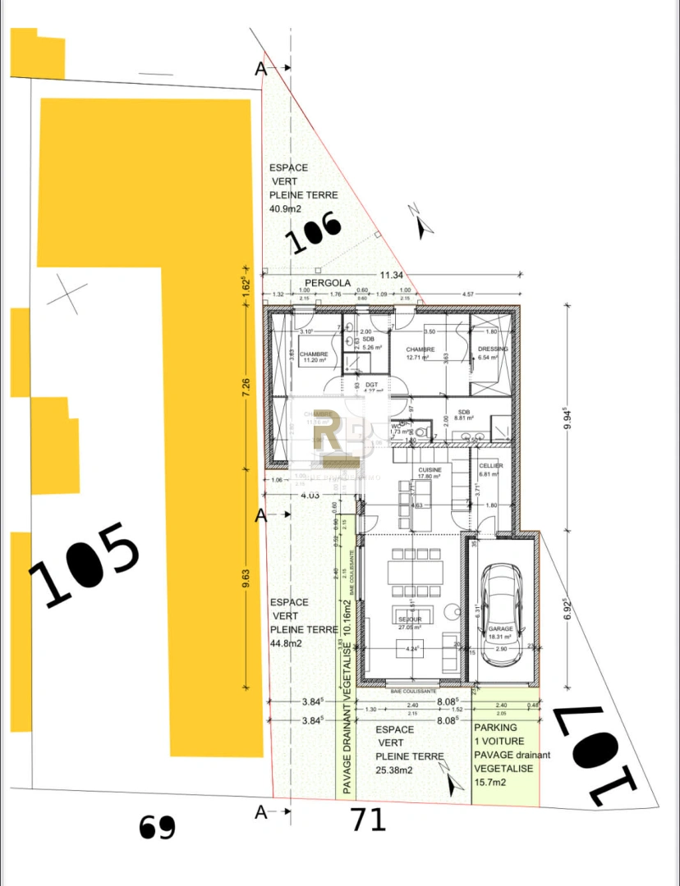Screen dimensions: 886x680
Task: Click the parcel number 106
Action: pos(313,233)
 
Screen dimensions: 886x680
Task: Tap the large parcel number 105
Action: pos(84,564)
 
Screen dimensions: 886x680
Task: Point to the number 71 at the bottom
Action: pos(368,819)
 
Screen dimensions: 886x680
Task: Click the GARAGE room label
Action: pos(500,629)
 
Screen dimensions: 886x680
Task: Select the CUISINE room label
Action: pos(430,470)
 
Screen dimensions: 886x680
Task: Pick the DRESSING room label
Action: pos(493,349)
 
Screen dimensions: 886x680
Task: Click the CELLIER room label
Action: pos(490,466)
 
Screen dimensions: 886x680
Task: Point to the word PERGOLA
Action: pos(327,283)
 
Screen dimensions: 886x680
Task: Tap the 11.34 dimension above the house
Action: pos(391,275)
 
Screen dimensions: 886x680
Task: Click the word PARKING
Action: pos(496,727)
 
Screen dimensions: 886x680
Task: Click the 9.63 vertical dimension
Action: pos(245,582)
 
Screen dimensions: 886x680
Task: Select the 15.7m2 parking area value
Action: pos(490,783)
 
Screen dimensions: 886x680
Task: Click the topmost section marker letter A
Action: pos(261,69)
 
